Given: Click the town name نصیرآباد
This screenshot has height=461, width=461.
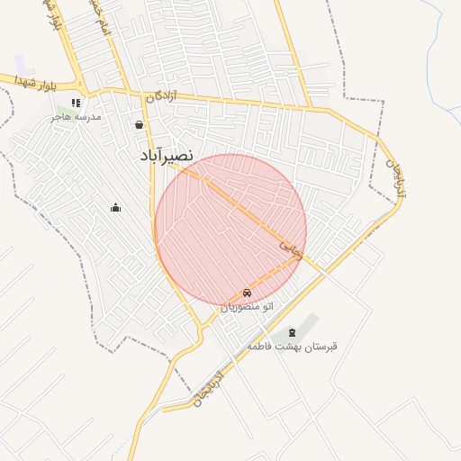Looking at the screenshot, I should (167, 156).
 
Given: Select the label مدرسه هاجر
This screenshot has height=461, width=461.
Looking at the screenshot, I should (77, 117).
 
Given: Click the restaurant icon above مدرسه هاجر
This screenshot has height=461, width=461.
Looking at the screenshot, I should (76, 103).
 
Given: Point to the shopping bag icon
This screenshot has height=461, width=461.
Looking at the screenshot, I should (139, 125).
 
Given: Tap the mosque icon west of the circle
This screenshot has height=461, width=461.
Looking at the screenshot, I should (115, 208).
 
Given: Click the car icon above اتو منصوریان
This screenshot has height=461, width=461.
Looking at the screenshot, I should (247, 294).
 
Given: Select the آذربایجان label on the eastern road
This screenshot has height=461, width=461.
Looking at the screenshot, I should (393, 178).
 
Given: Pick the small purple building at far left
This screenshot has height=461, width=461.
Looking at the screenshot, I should (20, 64).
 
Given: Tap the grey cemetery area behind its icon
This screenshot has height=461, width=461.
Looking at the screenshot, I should (309, 325).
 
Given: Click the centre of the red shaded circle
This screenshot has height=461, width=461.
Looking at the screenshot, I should (230, 230).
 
